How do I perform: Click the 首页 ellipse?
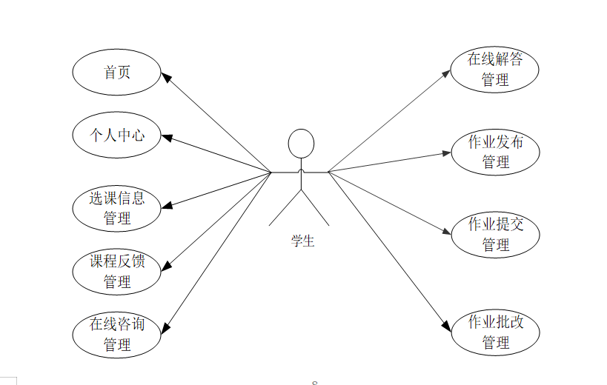coord(116,72)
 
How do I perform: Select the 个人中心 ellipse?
coord(116,135)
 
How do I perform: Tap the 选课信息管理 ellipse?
coord(116,208)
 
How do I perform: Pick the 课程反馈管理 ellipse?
coord(116,271)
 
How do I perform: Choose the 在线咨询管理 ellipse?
coord(116,334)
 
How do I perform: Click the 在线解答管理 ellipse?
coord(495,70)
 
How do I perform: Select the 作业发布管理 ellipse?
coord(495,152)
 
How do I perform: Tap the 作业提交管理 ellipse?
coord(495,234)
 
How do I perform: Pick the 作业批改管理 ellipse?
coord(495,332)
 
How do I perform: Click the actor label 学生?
coord(302,241)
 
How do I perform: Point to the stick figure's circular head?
coord(301,143)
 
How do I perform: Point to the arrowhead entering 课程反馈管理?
coord(166,264)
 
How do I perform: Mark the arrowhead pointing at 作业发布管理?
coord(446,153)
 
